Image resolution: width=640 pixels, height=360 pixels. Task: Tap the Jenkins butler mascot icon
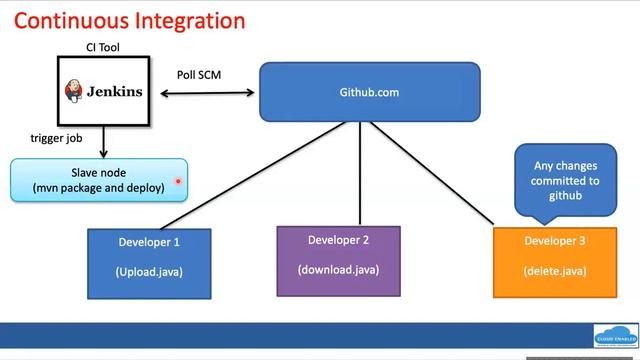point(75,91)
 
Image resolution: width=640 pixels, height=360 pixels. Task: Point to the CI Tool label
point(103,47)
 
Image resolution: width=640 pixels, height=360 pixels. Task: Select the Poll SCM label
point(198,75)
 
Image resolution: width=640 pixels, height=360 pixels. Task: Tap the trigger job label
point(56,139)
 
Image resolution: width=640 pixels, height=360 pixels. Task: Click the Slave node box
point(99,180)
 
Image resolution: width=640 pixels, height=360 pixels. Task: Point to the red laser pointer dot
point(177,182)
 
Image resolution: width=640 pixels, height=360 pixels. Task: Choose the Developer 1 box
point(149,264)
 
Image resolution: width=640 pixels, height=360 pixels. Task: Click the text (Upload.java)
point(149,272)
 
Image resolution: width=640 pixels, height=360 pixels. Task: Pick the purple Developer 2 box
point(338,260)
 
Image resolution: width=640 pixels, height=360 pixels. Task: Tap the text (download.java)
point(338,269)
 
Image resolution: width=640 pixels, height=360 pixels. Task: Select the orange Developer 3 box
point(554,262)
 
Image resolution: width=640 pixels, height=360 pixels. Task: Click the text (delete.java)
point(554,271)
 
